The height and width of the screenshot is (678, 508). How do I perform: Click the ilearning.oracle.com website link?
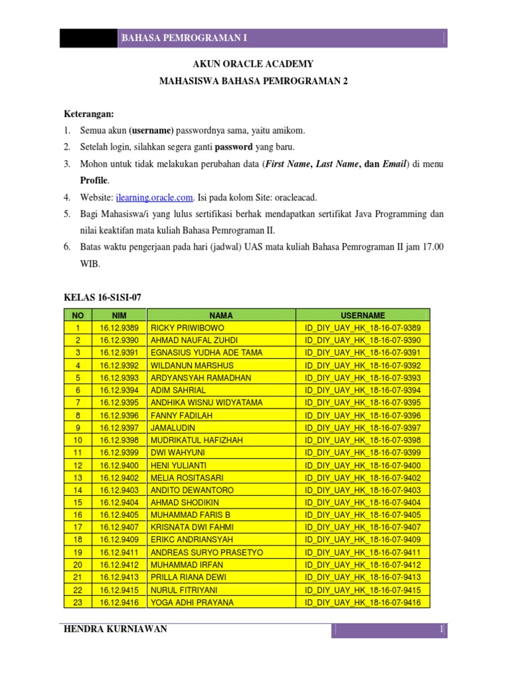pos(155,197)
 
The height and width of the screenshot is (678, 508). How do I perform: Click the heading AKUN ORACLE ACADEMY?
pos(253,64)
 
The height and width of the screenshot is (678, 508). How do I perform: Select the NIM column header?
pos(119,316)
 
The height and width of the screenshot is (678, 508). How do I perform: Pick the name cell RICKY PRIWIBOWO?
pos(188,328)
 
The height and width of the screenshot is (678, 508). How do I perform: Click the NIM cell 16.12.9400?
pos(119,465)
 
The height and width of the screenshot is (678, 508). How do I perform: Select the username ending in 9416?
pos(362,603)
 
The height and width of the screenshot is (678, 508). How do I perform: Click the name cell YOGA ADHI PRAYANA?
pos(192,603)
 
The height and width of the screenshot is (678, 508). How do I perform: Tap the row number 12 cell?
pos(78,465)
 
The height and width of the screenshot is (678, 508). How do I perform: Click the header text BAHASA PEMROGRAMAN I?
pos(185,38)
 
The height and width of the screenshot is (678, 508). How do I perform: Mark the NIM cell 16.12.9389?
pos(119,328)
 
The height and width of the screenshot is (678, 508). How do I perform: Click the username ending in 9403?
pos(362,490)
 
